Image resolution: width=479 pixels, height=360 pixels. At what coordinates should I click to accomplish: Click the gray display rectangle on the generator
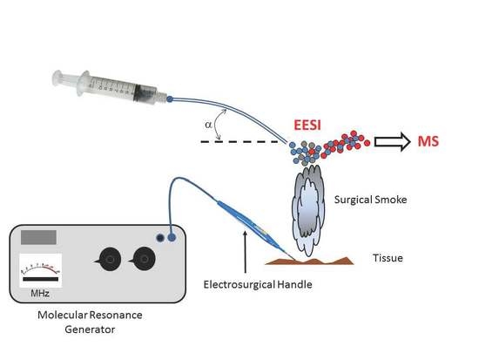38,236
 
